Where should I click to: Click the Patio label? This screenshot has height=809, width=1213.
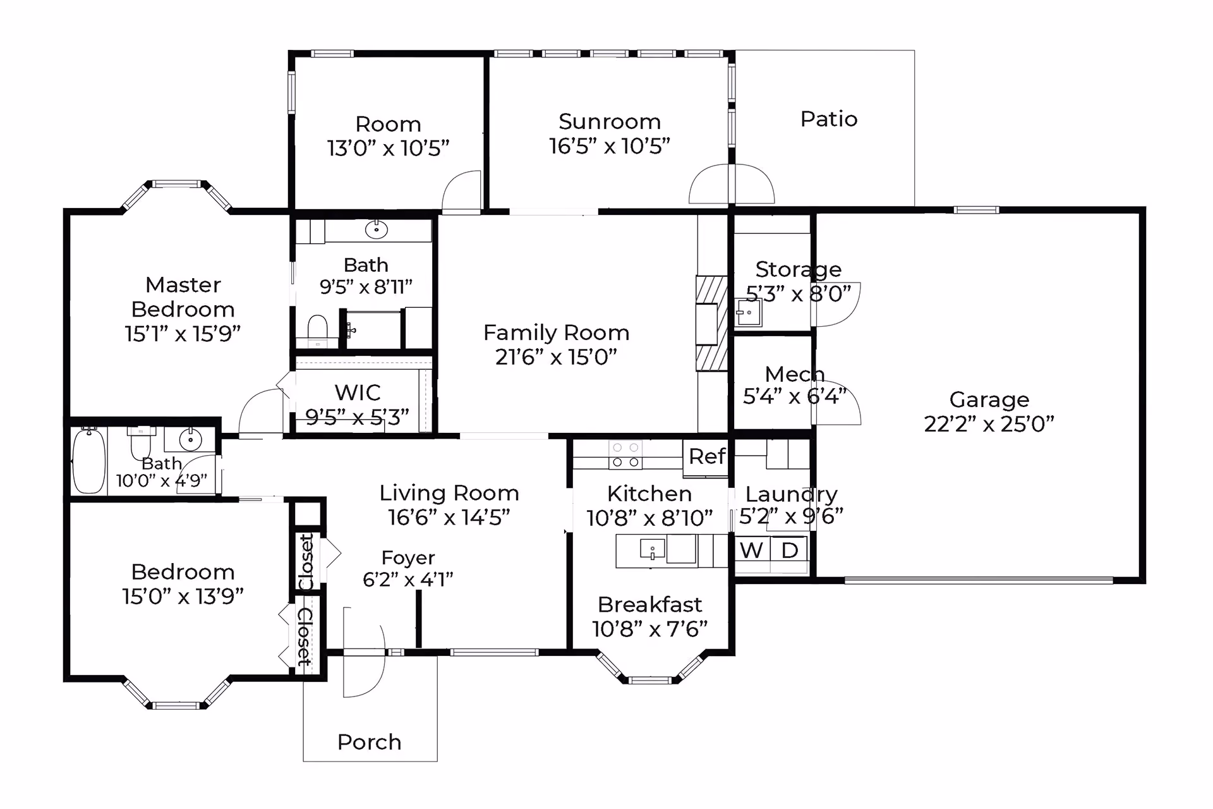point(829,119)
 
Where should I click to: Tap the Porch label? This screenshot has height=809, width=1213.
point(370,741)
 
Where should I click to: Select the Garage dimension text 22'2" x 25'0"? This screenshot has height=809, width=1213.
point(989,423)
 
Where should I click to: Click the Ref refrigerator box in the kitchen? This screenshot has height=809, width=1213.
point(706,457)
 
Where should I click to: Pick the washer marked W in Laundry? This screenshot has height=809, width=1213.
point(752,550)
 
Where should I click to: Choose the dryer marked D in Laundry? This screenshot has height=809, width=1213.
point(790,550)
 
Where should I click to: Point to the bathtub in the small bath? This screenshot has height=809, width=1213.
point(88,461)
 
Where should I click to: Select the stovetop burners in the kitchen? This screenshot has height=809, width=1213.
point(625,455)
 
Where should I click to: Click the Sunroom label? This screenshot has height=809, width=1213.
point(610,121)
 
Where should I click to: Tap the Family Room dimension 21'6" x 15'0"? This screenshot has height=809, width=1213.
point(556,357)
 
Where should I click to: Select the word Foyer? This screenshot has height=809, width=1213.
point(408,557)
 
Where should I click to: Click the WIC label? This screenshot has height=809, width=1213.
point(358,392)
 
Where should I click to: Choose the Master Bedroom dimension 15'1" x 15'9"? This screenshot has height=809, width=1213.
point(183,334)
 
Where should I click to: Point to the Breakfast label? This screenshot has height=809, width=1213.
point(649,605)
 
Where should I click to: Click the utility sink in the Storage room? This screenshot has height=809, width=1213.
point(749,312)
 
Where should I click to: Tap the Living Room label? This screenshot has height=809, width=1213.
point(449,493)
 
